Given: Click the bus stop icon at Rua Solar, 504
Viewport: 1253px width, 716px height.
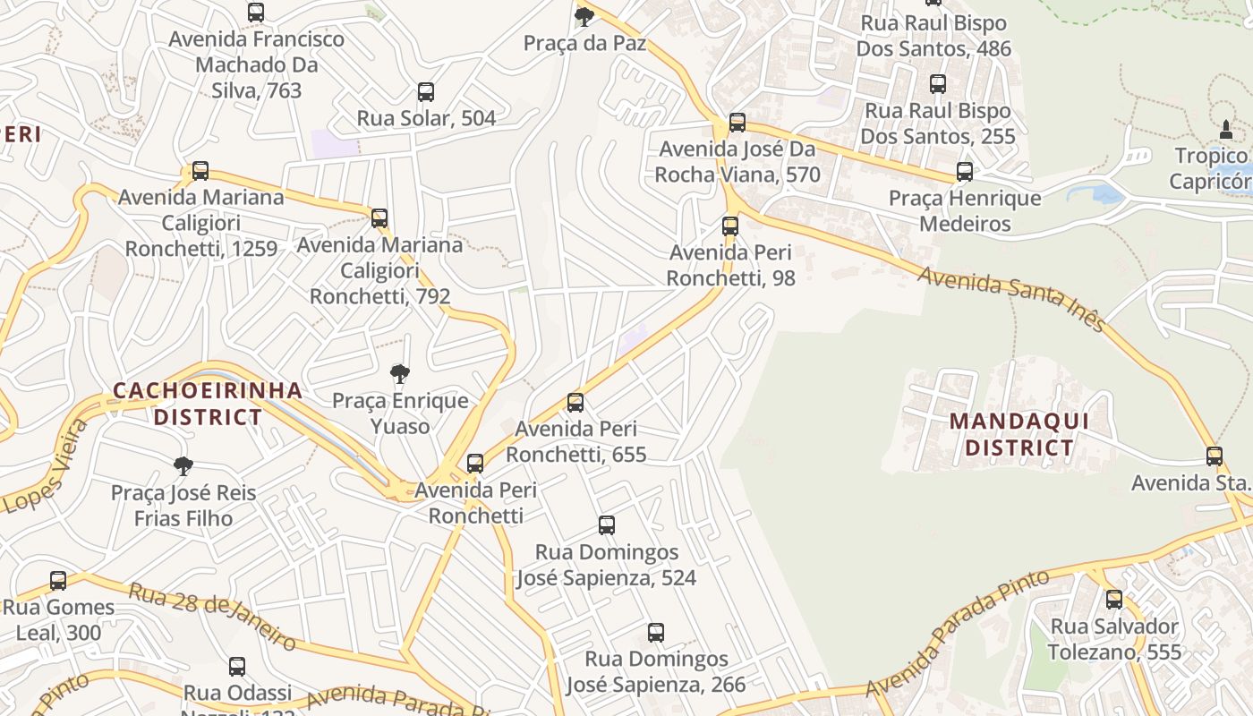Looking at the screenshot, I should tap(426, 92).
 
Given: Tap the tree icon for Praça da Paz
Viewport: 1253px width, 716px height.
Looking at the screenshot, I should tap(584, 16).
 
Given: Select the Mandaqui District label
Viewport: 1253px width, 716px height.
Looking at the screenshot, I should tap(1019, 434).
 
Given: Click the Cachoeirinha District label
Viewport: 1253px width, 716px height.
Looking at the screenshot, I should tap(208, 404).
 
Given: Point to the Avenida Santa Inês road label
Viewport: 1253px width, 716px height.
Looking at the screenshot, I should tap(1011, 299).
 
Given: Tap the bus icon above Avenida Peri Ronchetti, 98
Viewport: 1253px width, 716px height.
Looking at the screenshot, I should tap(730, 226).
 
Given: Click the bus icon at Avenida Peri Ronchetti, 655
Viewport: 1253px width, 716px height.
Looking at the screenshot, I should tap(575, 403).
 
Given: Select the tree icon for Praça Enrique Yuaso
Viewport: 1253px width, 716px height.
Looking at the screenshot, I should tap(400, 374).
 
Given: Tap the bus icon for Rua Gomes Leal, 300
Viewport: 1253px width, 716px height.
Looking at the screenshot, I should tap(58, 581).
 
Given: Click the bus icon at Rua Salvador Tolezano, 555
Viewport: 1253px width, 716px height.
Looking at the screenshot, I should tap(1114, 600).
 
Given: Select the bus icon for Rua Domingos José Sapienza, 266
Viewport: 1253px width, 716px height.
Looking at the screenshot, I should tap(656, 633).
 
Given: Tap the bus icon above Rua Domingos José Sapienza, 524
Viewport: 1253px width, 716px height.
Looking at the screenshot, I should tap(607, 525).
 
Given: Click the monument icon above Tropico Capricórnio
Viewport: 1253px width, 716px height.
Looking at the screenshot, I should tap(1226, 130).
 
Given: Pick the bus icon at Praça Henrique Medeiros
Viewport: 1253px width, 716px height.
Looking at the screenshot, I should tap(965, 172).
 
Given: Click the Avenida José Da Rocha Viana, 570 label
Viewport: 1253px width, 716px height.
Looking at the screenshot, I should tap(737, 162).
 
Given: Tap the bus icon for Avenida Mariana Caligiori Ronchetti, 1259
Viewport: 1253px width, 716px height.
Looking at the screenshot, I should tap(200, 171).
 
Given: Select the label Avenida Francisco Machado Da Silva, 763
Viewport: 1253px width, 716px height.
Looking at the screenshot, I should tap(257, 65).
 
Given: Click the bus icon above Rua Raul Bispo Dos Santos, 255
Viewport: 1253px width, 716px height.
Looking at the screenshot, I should tap(938, 84).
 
